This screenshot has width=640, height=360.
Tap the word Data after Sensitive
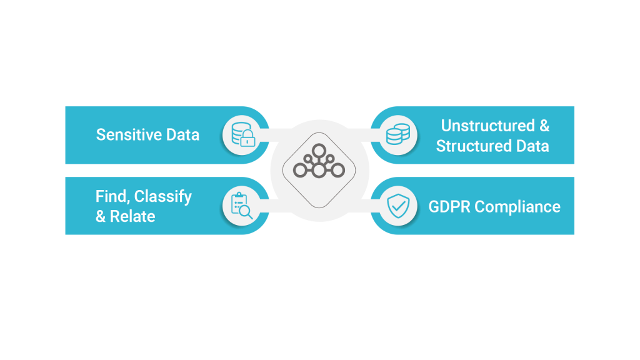[182, 135]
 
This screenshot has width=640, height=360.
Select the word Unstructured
[487, 126]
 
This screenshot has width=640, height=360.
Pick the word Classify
[163, 197]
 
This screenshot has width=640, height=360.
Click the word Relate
[132, 216]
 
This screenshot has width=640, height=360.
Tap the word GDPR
[449, 206]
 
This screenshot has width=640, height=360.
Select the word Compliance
[517, 207]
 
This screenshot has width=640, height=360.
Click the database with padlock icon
[243, 134]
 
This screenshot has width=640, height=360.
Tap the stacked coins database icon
[398, 134]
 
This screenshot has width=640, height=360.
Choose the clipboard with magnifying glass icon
[242, 205]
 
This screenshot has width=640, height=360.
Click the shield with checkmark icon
[398, 206]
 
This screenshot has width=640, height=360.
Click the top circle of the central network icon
[319, 151]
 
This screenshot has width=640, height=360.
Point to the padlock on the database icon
[247, 138]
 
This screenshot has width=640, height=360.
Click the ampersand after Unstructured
[544, 126]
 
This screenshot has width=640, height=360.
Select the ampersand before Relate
[101, 216]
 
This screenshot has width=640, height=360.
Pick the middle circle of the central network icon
[319, 170]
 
